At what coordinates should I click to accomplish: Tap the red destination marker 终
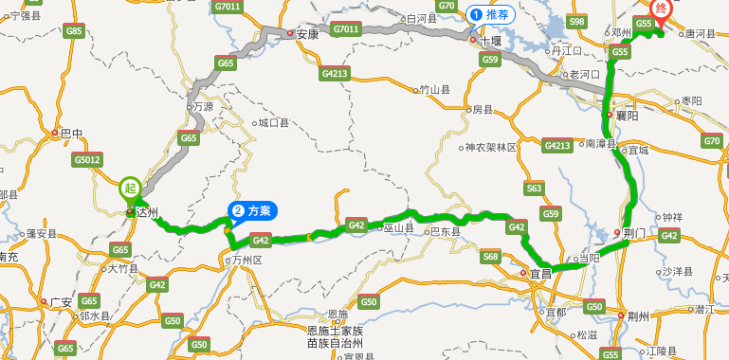(663, 10)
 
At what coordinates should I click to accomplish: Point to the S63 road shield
(535, 189)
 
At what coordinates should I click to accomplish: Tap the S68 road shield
(490, 256)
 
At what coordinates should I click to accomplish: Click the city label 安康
(306, 33)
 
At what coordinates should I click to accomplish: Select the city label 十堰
(489, 41)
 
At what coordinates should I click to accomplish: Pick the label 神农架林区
(490, 148)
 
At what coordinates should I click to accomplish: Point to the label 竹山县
(435, 90)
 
